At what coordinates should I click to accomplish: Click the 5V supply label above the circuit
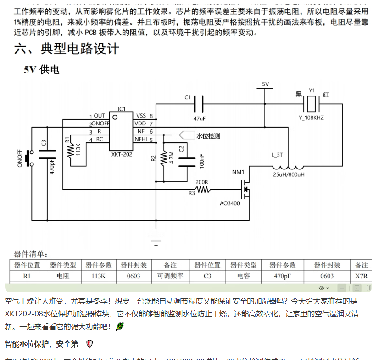tap(265, 84)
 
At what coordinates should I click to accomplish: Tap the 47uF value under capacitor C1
tap(200, 118)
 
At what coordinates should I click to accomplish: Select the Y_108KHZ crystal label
tap(311, 118)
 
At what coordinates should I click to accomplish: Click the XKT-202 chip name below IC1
tap(122, 155)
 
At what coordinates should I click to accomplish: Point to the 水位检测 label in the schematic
tap(208, 136)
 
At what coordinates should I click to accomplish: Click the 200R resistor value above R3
tap(202, 181)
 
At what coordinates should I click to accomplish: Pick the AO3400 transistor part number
tap(229, 203)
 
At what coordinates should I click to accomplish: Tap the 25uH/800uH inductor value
tap(289, 175)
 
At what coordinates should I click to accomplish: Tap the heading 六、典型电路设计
tap(67, 49)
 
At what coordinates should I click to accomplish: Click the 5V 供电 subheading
tap(42, 70)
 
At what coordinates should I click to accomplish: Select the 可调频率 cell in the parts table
tap(170, 276)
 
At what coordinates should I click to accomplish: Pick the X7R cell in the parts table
tap(362, 276)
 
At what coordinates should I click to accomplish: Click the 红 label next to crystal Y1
tap(326, 95)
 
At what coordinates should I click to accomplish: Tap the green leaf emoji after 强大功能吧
tap(120, 326)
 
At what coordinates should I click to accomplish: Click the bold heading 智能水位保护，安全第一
tap(46, 343)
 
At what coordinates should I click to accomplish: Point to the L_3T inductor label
tap(277, 155)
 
